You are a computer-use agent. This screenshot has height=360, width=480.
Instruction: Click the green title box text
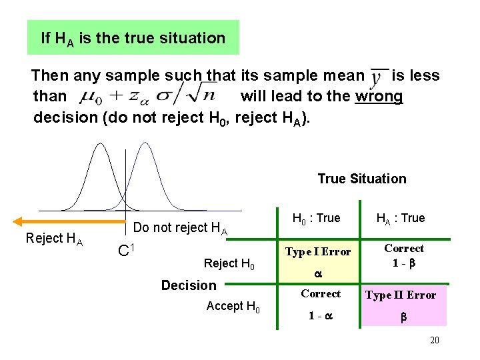click(x=133, y=38)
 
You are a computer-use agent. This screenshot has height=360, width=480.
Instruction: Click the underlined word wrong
click(x=379, y=96)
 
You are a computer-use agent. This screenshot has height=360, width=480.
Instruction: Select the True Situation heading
click(x=361, y=179)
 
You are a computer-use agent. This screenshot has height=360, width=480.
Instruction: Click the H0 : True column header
click(x=316, y=218)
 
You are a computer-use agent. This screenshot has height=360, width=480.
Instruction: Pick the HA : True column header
click(x=400, y=218)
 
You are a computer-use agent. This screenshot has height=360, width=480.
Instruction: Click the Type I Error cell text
click(x=317, y=251)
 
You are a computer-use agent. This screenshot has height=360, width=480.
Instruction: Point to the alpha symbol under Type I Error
click(x=317, y=274)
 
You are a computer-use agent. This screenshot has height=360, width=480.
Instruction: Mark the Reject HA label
click(x=54, y=239)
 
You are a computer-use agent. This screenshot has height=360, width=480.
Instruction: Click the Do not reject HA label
click(x=181, y=228)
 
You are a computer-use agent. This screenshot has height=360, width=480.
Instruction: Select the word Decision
click(x=189, y=285)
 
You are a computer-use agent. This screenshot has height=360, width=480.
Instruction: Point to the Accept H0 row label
click(x=233, y=307)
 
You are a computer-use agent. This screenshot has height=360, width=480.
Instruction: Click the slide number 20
click(x=435, y=341)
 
